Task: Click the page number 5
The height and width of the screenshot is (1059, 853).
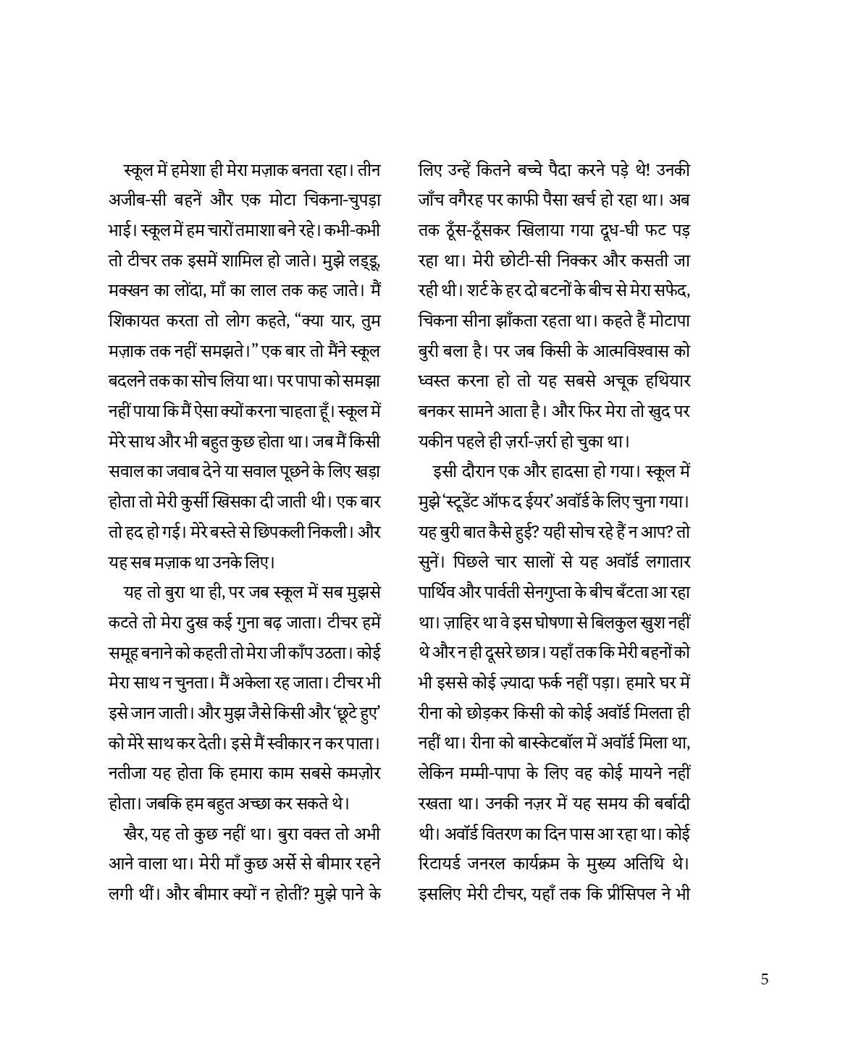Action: tap(765, 980)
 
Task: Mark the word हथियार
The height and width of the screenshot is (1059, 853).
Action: tap(663, 380)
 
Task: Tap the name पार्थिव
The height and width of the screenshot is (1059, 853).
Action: tap(437, 591)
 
